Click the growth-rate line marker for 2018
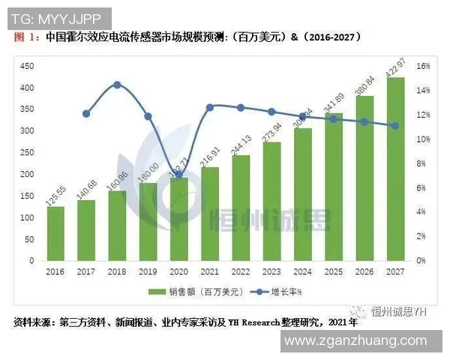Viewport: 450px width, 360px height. [117, 85]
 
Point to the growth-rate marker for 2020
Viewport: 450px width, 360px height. [178, 175]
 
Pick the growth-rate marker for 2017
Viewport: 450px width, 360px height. [86, 114]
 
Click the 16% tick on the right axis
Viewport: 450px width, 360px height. [423, 66]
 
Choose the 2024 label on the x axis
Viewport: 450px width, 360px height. [302, 271]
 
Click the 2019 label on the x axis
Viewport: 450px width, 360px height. [148, 271]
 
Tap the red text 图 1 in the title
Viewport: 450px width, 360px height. [25, 37]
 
